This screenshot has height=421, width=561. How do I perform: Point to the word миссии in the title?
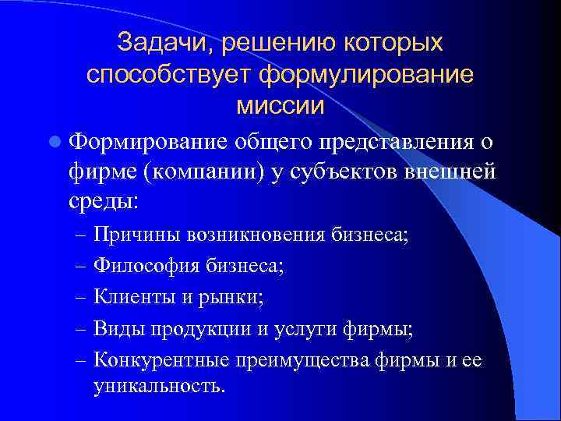point(280,106)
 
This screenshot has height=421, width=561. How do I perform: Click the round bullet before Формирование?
point(54,142)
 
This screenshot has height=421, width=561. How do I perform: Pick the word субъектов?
point(340,172)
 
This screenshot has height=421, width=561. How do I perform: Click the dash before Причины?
point(80,235)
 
